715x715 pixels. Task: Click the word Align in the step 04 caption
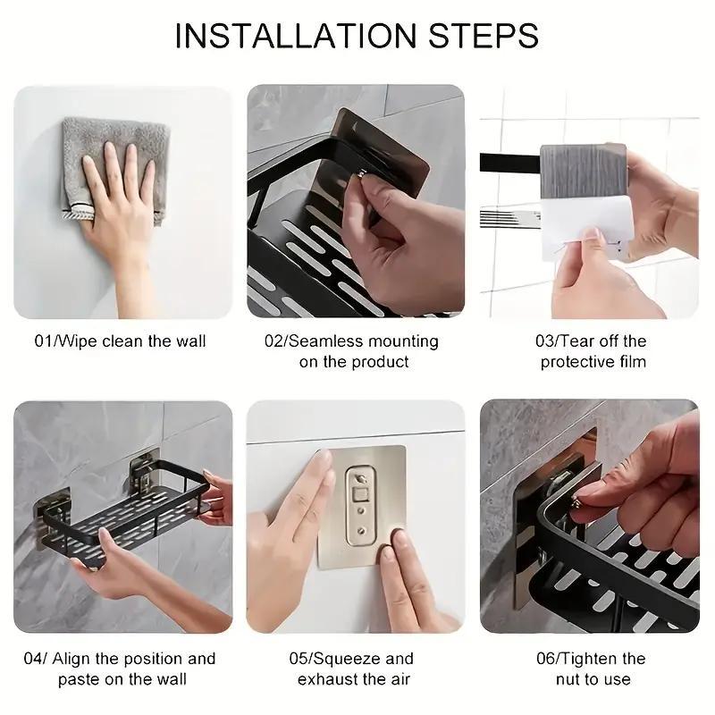(x=73, y=659)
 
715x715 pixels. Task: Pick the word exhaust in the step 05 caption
(x=327, y=679)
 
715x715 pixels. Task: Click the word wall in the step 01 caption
(x=189, y=341)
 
